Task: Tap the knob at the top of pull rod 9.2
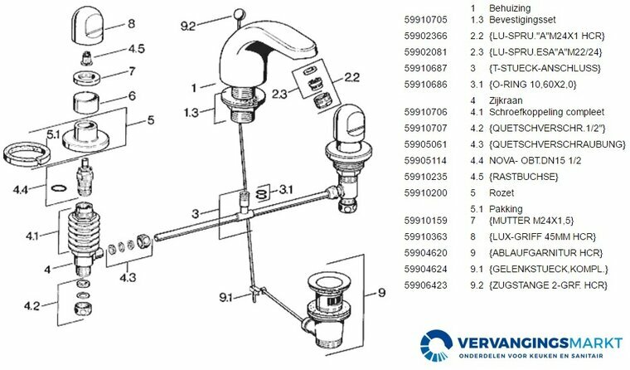point(238,13)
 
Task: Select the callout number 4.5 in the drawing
point(136,49)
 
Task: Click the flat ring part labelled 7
point(87,77)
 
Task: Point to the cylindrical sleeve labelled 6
point(86,103)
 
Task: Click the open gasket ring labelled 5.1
point(27,153)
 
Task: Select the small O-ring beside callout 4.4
point(58,187)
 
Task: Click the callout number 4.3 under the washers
point(128,277)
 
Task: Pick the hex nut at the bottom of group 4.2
point(83,310)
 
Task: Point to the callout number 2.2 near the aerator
point(351,77)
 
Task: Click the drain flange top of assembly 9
point(324,283)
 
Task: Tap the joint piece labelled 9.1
point(256,292)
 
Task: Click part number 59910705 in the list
point(425,20)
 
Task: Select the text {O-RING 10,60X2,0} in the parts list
point(533,85)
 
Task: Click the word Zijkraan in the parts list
point(506,100)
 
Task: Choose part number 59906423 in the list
point(425,285)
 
